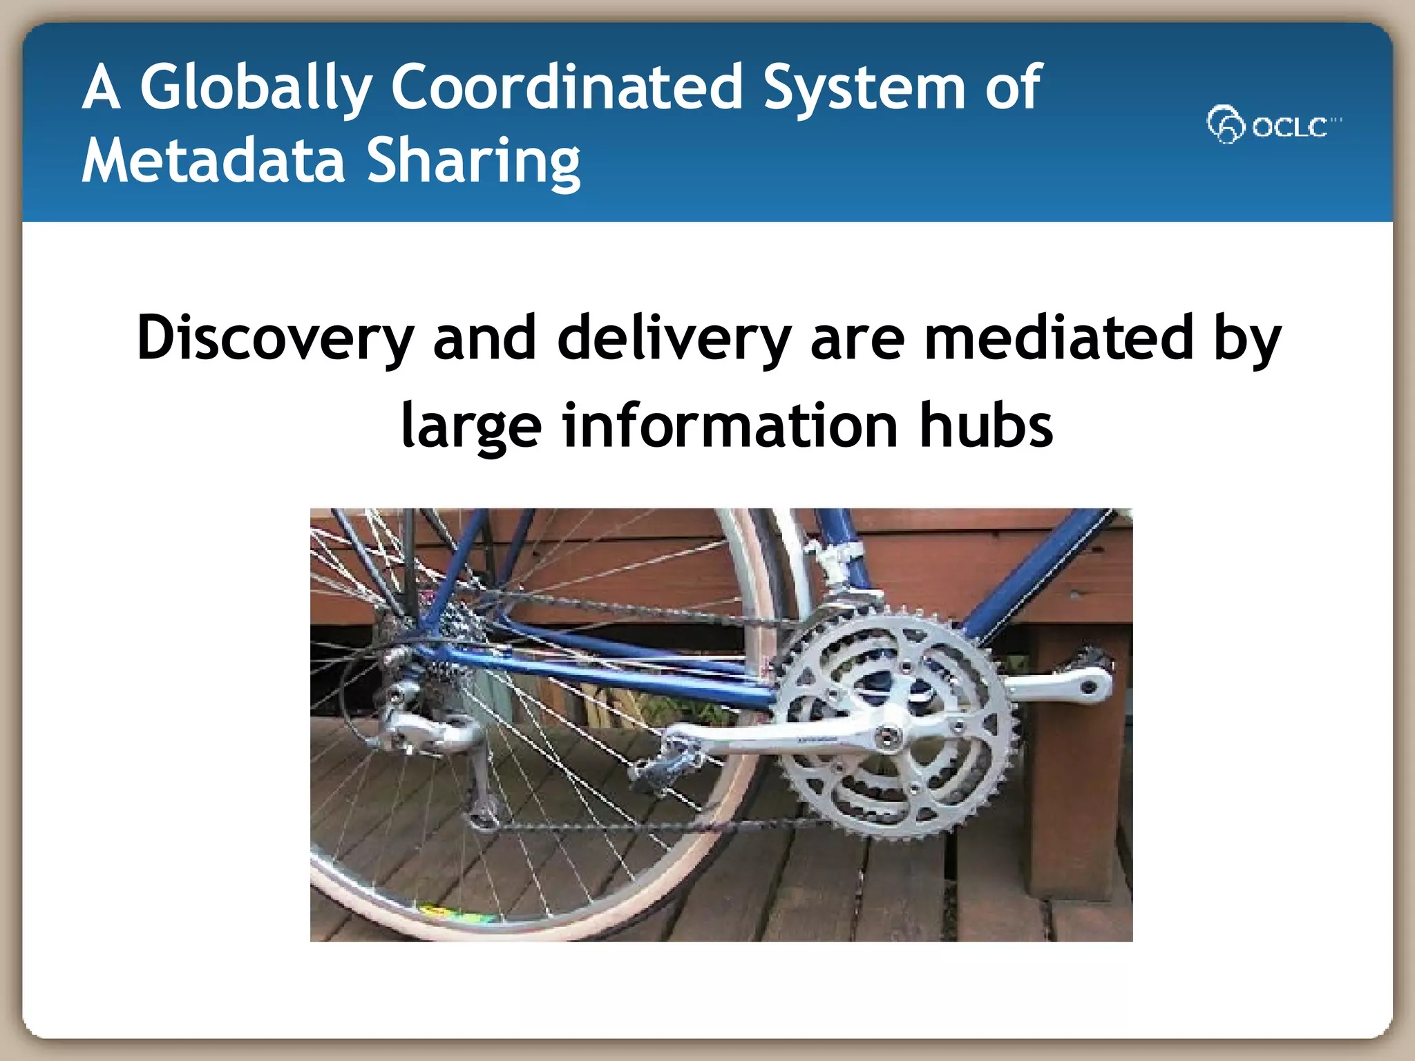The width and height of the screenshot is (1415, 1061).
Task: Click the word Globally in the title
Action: (x=256, y=88)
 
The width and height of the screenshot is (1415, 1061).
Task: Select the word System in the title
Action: (x=864, y=88)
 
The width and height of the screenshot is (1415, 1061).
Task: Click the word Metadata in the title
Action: (x=213, y=160)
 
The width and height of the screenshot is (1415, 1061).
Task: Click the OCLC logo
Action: (x=1273, y=125)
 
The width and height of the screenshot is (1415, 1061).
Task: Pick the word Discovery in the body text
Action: (x=275, y=338)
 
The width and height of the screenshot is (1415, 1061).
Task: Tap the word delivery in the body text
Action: (x=674, y=338)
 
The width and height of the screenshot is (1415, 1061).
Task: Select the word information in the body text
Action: (x=730, y=425)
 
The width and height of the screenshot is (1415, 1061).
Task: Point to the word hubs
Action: (x=986, y=425)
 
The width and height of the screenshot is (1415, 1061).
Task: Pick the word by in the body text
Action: (x=1247, y=338)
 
